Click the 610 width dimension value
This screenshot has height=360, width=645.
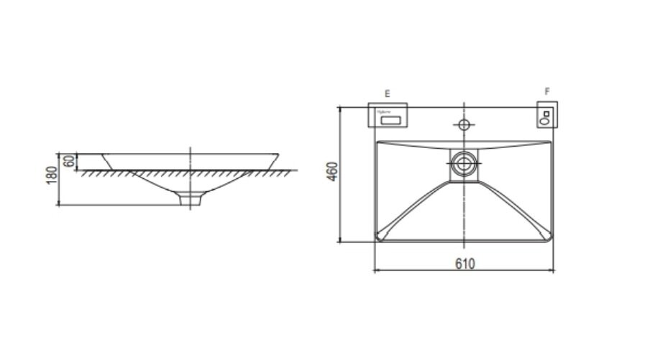coord(465,264)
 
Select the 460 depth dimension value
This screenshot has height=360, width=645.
coord(331,172)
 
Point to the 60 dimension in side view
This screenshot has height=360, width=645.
coord(69,162)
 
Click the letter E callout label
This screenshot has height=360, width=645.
coord(387,93)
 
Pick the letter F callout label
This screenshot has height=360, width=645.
coord(547,92)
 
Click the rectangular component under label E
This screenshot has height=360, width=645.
coord(389,116)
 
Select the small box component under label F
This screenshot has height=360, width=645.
coord(546,116)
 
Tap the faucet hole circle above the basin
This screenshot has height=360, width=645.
coord(464,124)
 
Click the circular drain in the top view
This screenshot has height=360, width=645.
coord(464,165)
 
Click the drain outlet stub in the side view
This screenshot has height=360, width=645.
coord(190,198)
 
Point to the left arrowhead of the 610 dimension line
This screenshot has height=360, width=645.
coord(375,271)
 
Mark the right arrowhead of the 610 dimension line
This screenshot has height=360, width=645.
coord(554,271)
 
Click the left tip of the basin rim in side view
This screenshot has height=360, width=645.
coord(103,154)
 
